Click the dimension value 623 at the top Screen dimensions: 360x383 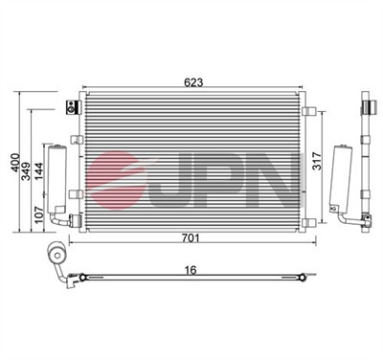click(x=193, y=82)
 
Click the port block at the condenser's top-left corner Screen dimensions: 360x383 click(x=69, y=105)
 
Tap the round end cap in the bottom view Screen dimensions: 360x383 click(x=55, y=256)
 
